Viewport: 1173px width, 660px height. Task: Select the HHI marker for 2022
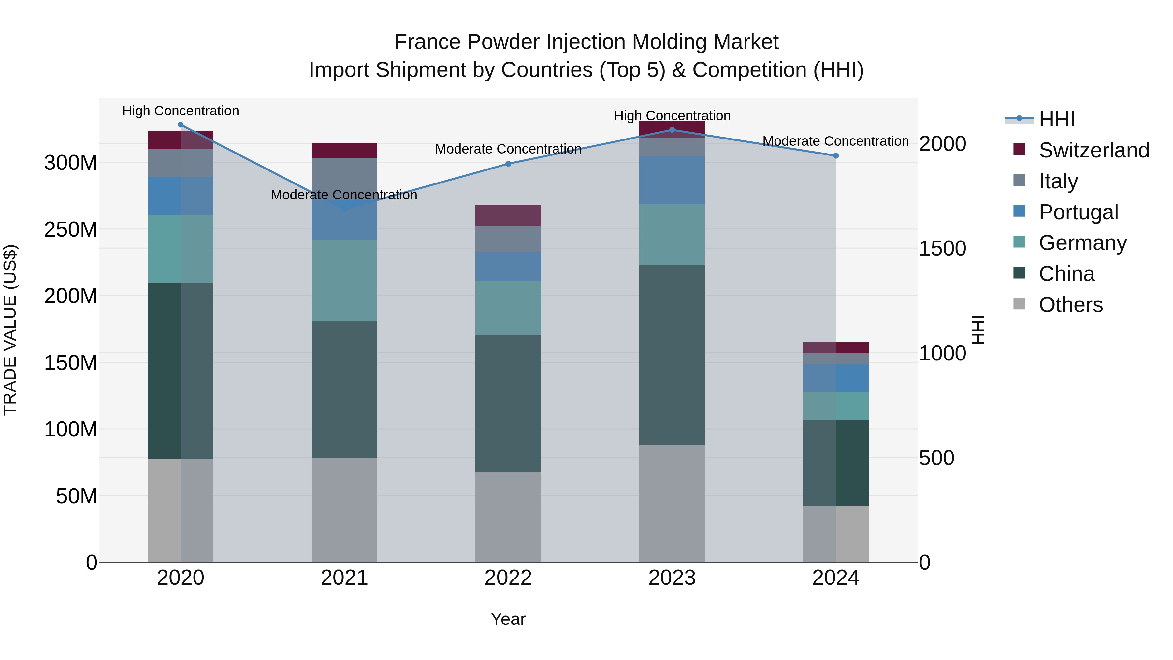tap(508, 164)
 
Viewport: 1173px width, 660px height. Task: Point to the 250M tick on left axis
tap(71, 229)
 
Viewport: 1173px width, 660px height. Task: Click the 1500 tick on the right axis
tap(942, 249)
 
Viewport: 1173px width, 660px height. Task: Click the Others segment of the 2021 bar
tap(344, 510)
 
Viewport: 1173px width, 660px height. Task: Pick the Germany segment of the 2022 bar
tap(508, 308)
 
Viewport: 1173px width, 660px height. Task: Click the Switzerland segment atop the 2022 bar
tap(508, 215)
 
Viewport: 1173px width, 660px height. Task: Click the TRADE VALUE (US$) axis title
tap(10, 330)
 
